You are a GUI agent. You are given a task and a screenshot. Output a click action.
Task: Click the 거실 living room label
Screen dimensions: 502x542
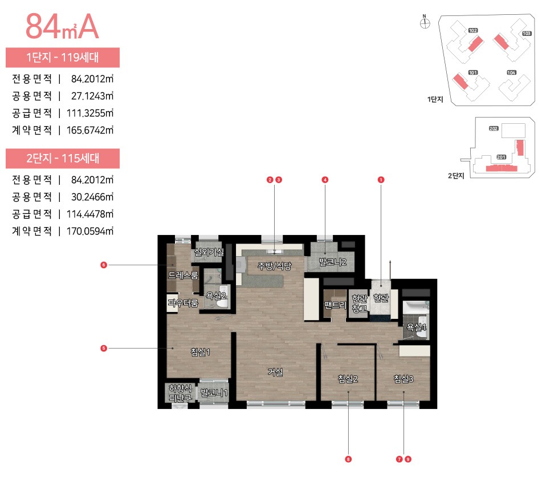[x=276, y=372]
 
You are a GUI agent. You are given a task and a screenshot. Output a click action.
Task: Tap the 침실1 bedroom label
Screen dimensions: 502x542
[x=201, y=352]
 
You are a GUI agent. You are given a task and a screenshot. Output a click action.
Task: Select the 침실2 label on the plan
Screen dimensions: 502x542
[x=347, y=378]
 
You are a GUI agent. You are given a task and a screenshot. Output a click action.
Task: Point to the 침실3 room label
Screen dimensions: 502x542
[x=403, y=378]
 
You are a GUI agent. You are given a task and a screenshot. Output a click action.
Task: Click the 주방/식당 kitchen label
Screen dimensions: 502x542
[x=274, y=266]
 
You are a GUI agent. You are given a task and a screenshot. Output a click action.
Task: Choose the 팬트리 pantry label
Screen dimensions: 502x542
[x=335, y=305]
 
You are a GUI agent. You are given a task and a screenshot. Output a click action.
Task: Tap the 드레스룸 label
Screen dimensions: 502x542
[x=183, y=276]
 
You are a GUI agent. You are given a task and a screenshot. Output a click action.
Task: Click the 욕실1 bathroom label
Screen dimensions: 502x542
[x=415, y=327]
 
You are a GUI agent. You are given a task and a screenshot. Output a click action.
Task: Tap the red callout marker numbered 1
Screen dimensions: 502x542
[x=381, y=180]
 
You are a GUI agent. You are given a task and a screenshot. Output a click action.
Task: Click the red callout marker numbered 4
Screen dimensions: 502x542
[x=325, y=180]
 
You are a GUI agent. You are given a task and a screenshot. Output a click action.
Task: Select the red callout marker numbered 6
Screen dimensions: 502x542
[x=104, y=265]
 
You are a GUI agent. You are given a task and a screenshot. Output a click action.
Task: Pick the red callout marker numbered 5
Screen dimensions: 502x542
[x=104, y=347]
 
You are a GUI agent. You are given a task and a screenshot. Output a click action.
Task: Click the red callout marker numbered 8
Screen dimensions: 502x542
[x=348, y=459]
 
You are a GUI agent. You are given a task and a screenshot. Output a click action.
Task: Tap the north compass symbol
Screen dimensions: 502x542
[x=424, y=23]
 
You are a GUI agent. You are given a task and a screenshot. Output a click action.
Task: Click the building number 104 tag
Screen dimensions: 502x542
[x=511, y=73]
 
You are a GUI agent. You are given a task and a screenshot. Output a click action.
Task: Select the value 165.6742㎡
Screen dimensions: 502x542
[x=92, y=130]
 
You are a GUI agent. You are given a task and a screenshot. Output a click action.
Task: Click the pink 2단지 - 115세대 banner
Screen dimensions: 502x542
[x=63, y=159]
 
